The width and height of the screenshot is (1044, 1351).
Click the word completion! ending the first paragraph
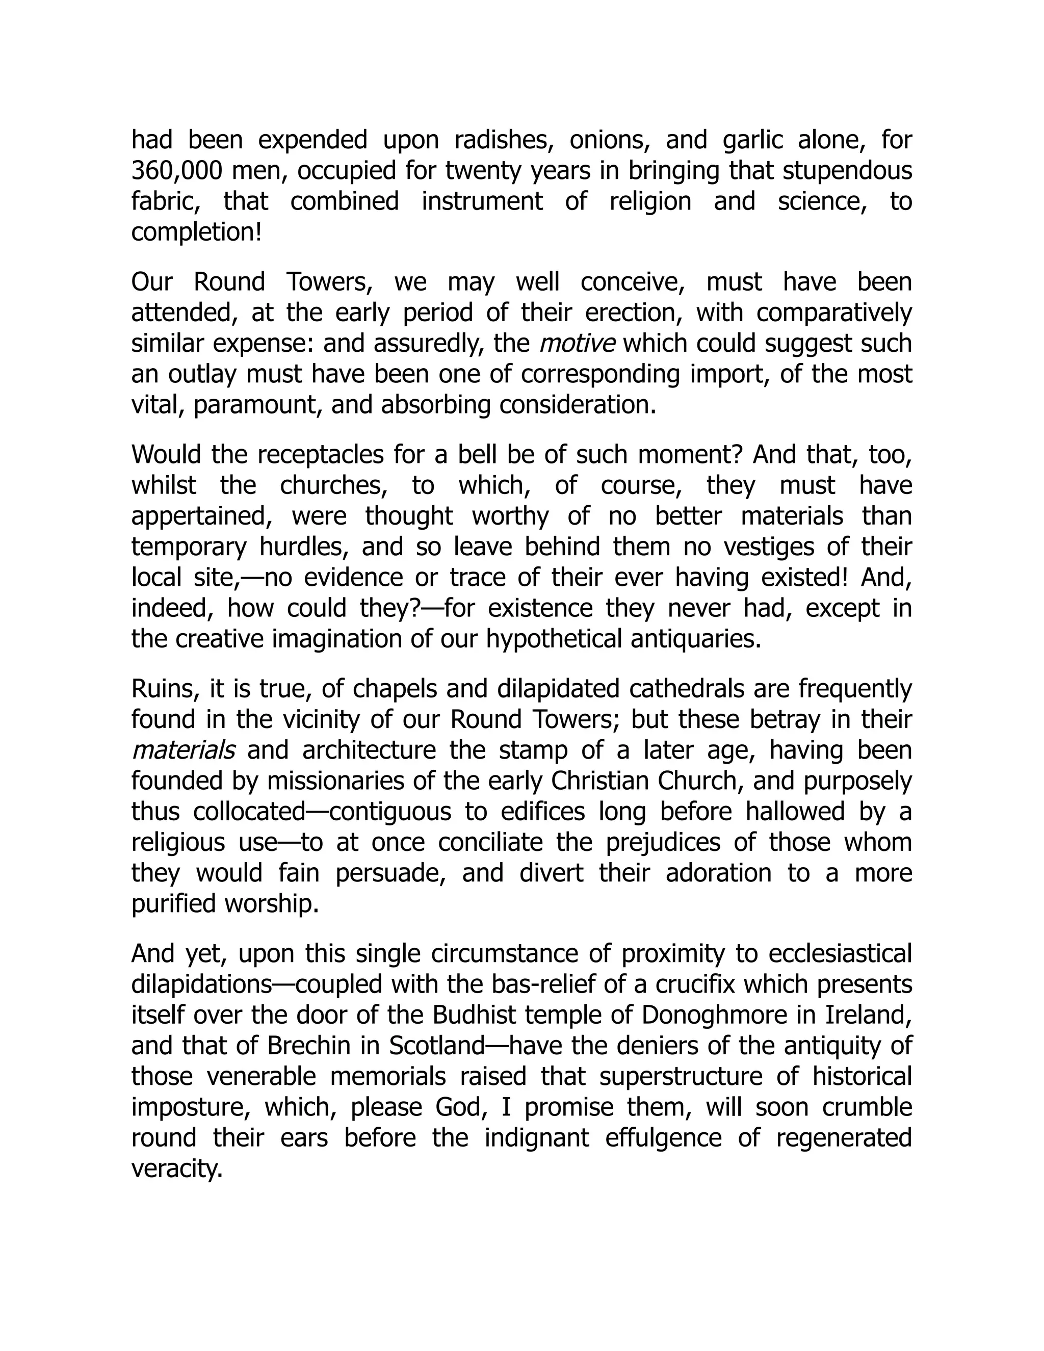coord(197,233)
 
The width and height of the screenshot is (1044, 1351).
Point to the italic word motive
coord(577,343)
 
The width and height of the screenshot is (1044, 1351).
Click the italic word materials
coord(184,750)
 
